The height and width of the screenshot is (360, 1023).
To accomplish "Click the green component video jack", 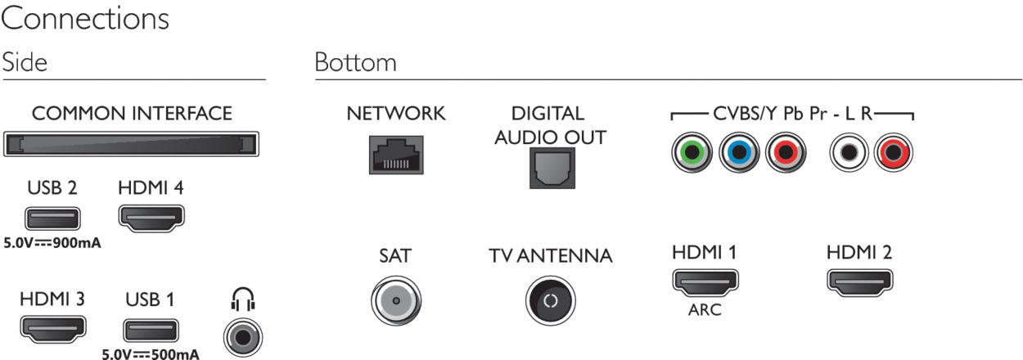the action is pos(692,152).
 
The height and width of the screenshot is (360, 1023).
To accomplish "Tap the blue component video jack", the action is pos(739,152).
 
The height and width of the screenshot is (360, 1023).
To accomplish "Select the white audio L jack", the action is pos(849,152).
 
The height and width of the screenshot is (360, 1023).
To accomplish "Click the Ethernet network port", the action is pos(396,155).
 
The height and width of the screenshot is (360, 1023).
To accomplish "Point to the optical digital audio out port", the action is pos(552,168).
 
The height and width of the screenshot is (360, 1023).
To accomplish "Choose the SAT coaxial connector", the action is pos(396,300).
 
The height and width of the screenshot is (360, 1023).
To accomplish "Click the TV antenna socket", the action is pos(550,300).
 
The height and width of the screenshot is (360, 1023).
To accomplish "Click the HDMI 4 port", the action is pos(151,218).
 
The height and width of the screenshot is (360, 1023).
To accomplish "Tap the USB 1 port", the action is pos(151,331).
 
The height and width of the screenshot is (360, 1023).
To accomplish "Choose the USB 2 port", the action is pos(52,218).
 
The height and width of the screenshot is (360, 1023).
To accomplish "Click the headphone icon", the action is pos(242,299).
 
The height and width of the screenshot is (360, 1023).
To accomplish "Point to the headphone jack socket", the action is pos(243,338).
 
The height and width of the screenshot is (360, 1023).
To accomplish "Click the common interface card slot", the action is pos(131,144).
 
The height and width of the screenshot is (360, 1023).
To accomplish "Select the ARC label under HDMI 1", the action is pos(705,310).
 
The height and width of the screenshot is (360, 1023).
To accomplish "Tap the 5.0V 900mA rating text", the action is pos(52,242).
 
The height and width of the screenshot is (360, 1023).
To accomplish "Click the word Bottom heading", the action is pos(355,62).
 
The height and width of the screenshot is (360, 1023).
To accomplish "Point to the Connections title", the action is pos(85,19).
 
